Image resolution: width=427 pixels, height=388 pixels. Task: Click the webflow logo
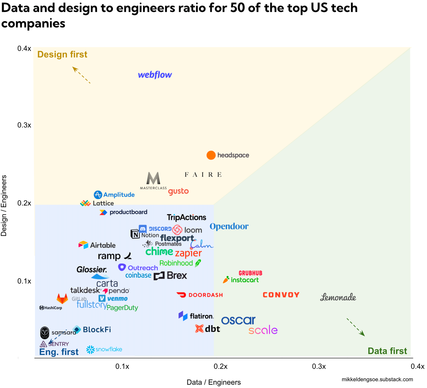155,75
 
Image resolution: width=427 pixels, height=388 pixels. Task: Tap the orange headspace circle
211,155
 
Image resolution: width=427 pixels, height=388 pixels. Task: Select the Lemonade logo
338,297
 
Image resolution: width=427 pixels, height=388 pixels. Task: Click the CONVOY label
281,295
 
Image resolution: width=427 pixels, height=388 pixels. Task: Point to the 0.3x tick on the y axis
24,125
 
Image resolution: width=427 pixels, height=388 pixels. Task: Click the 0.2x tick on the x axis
221,367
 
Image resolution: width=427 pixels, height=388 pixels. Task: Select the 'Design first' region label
62,55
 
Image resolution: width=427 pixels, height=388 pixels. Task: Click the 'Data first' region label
387,351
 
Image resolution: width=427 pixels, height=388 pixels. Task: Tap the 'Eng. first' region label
59,352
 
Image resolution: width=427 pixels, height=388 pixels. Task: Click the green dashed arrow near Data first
356,327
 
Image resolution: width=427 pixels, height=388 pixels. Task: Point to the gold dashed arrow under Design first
81,75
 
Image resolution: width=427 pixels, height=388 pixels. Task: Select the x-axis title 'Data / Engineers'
213,382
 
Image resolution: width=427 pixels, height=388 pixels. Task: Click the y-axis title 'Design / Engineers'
4,205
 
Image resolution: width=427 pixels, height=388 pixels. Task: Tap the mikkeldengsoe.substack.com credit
377,379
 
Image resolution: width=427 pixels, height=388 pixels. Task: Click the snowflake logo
104,350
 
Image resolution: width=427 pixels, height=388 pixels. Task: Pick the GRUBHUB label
250,273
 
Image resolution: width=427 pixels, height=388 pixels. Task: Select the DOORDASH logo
200,295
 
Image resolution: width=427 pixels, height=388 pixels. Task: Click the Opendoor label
229,227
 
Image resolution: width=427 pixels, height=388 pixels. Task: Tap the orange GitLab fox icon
62,299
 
